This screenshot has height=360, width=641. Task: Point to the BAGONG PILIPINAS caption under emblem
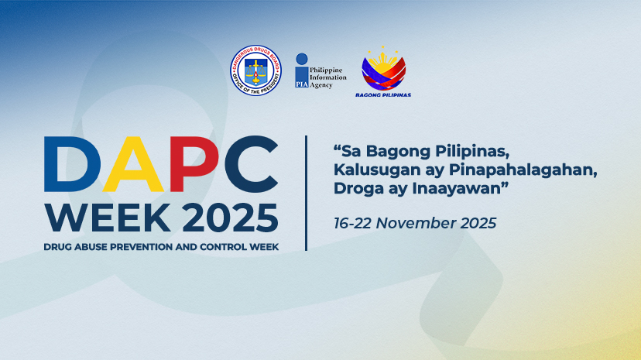point(383,95)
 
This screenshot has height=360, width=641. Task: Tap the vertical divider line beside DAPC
point(307,193)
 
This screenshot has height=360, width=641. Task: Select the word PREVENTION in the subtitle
point(145,247)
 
